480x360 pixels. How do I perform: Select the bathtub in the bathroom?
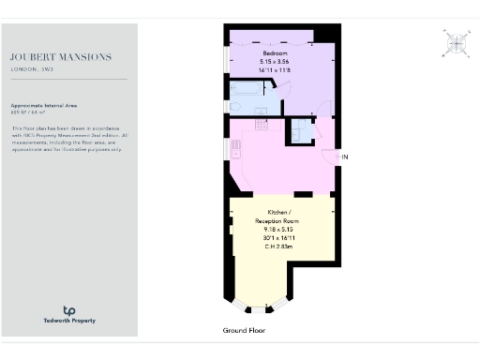(x=248, y=92)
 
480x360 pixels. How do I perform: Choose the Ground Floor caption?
(x=244, y=331)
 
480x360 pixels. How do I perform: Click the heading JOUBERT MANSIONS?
(x=61, y=57)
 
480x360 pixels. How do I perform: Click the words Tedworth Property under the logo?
(x=69, y=322)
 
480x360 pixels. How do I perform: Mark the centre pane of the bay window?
(x=256, y=309)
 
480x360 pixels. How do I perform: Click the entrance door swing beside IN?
(x=328, y=156)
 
